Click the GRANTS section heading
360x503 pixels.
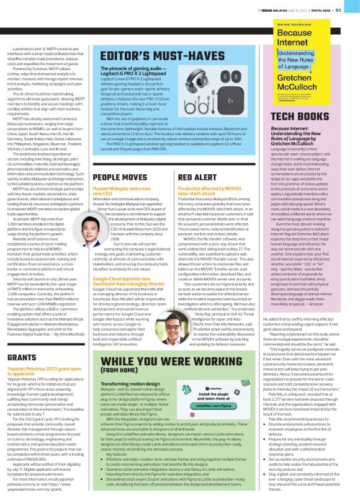coord(24,341)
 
